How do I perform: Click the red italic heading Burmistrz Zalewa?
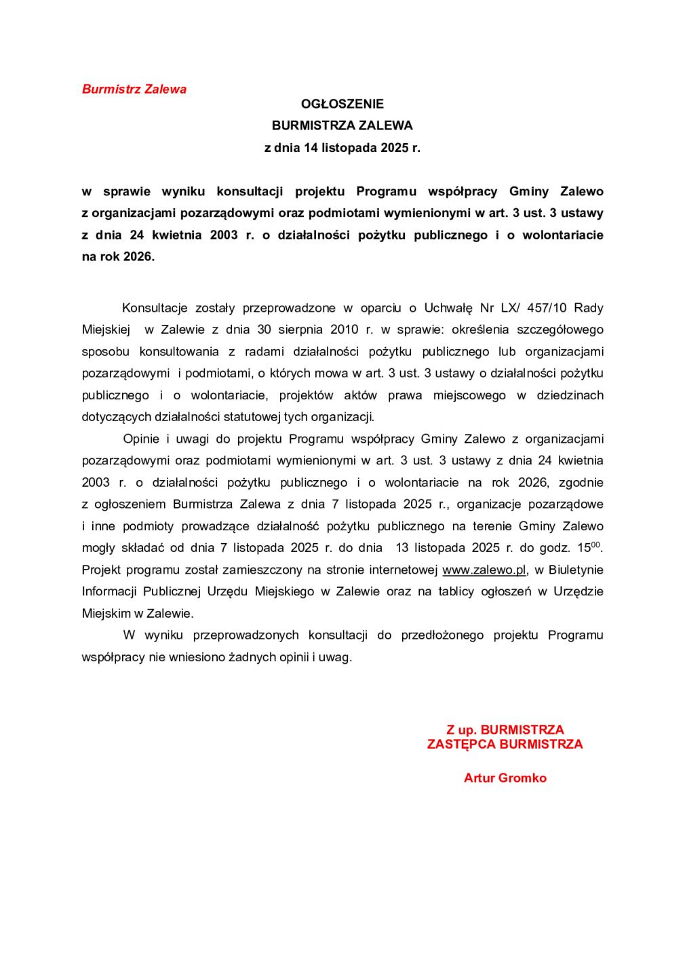pyautogui.click(x=134, y=89)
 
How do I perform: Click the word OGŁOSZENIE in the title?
pyautogui.click(x=342, y=104)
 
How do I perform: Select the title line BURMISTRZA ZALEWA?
pyautogui.click(x=342, y=125)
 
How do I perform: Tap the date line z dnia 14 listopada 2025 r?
pyautogui.click(x=342, y=147)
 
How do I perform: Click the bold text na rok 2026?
pyautogui.click(x=118, y=257)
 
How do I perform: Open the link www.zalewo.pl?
pyautogui.click(x=484, y=570)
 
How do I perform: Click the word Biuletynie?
pyautogui.click(x=576, y=570)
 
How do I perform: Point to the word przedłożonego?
pyautogui.click(x=442, y=635)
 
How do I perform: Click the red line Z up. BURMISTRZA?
pyautogui.click(x=505, y=730)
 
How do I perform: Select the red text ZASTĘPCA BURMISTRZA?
pyautogui.click(x=505, y=744)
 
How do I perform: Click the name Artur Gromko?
pyautogui.click(x=505, y=778)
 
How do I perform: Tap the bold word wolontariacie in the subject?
pyautogui.click(x=562, y=235)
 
